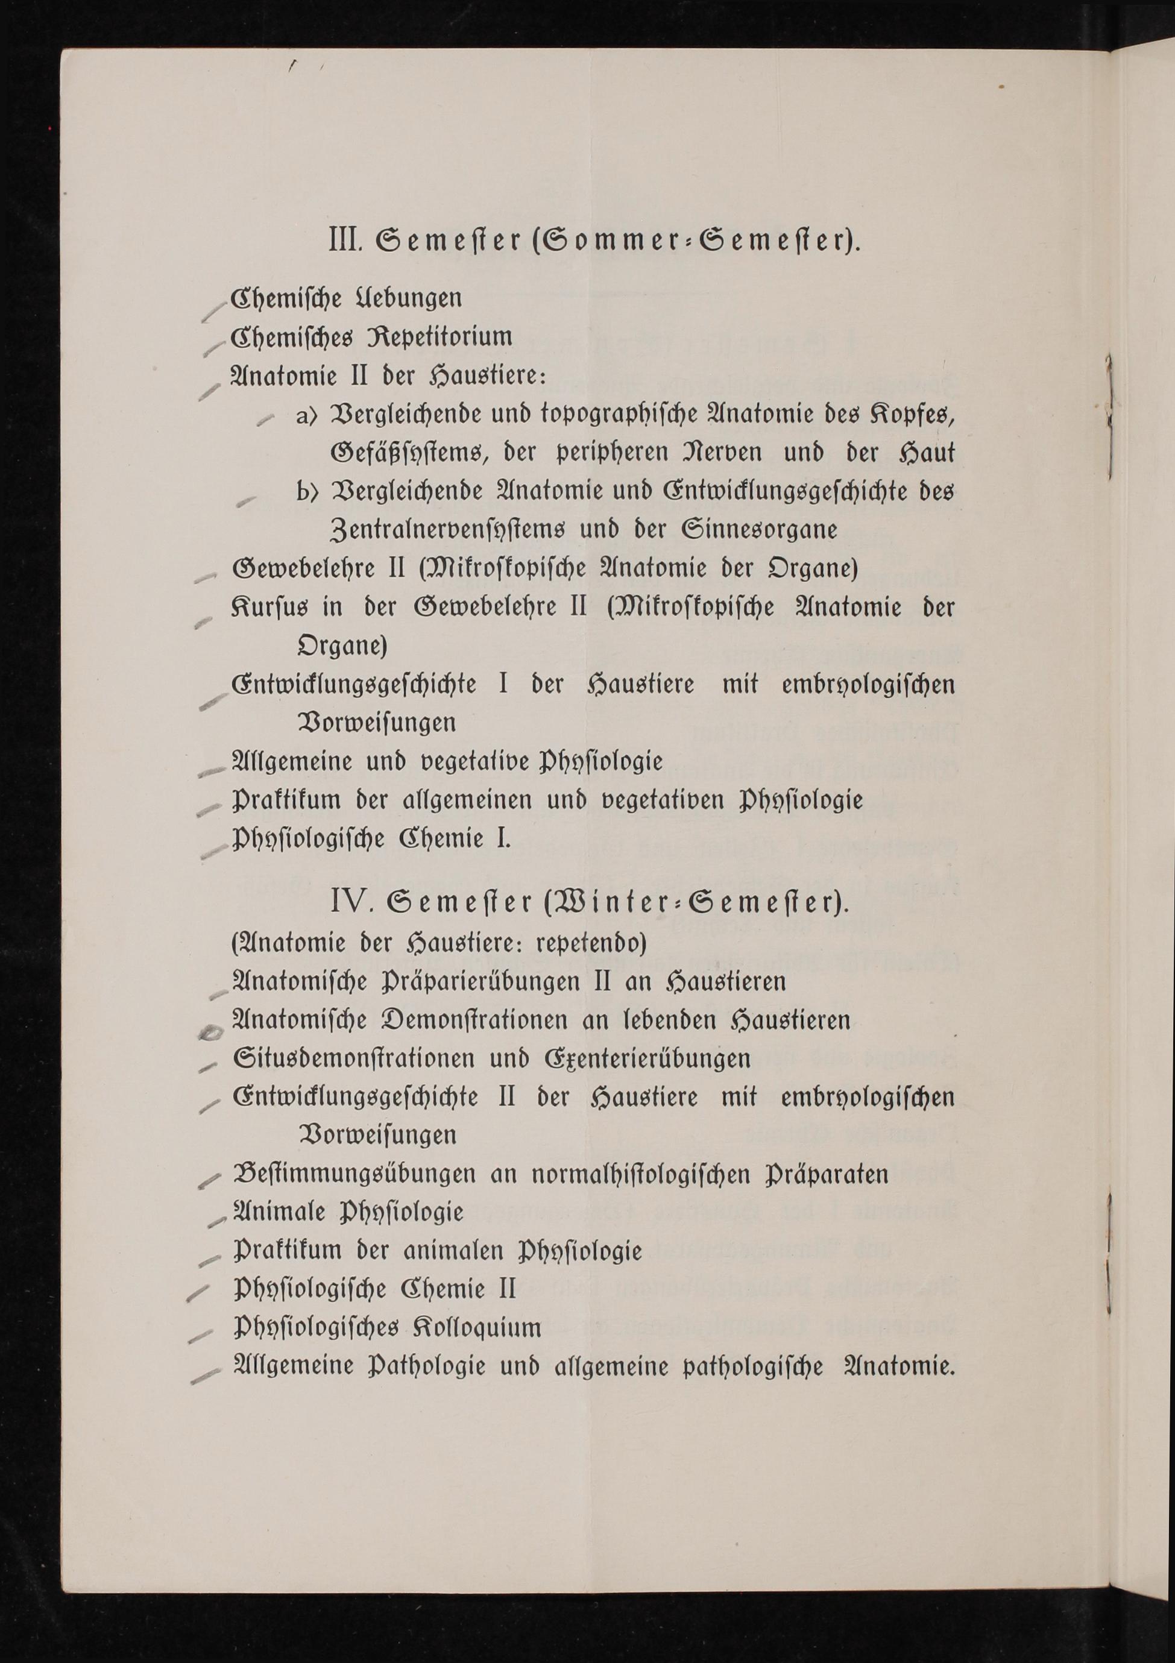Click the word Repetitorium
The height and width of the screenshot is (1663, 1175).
coord(443,338)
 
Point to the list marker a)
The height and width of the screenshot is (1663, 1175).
coord(307,416)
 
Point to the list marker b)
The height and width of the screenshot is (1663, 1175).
coord(307,492)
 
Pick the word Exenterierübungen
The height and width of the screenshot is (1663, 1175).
coord(647,1059)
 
